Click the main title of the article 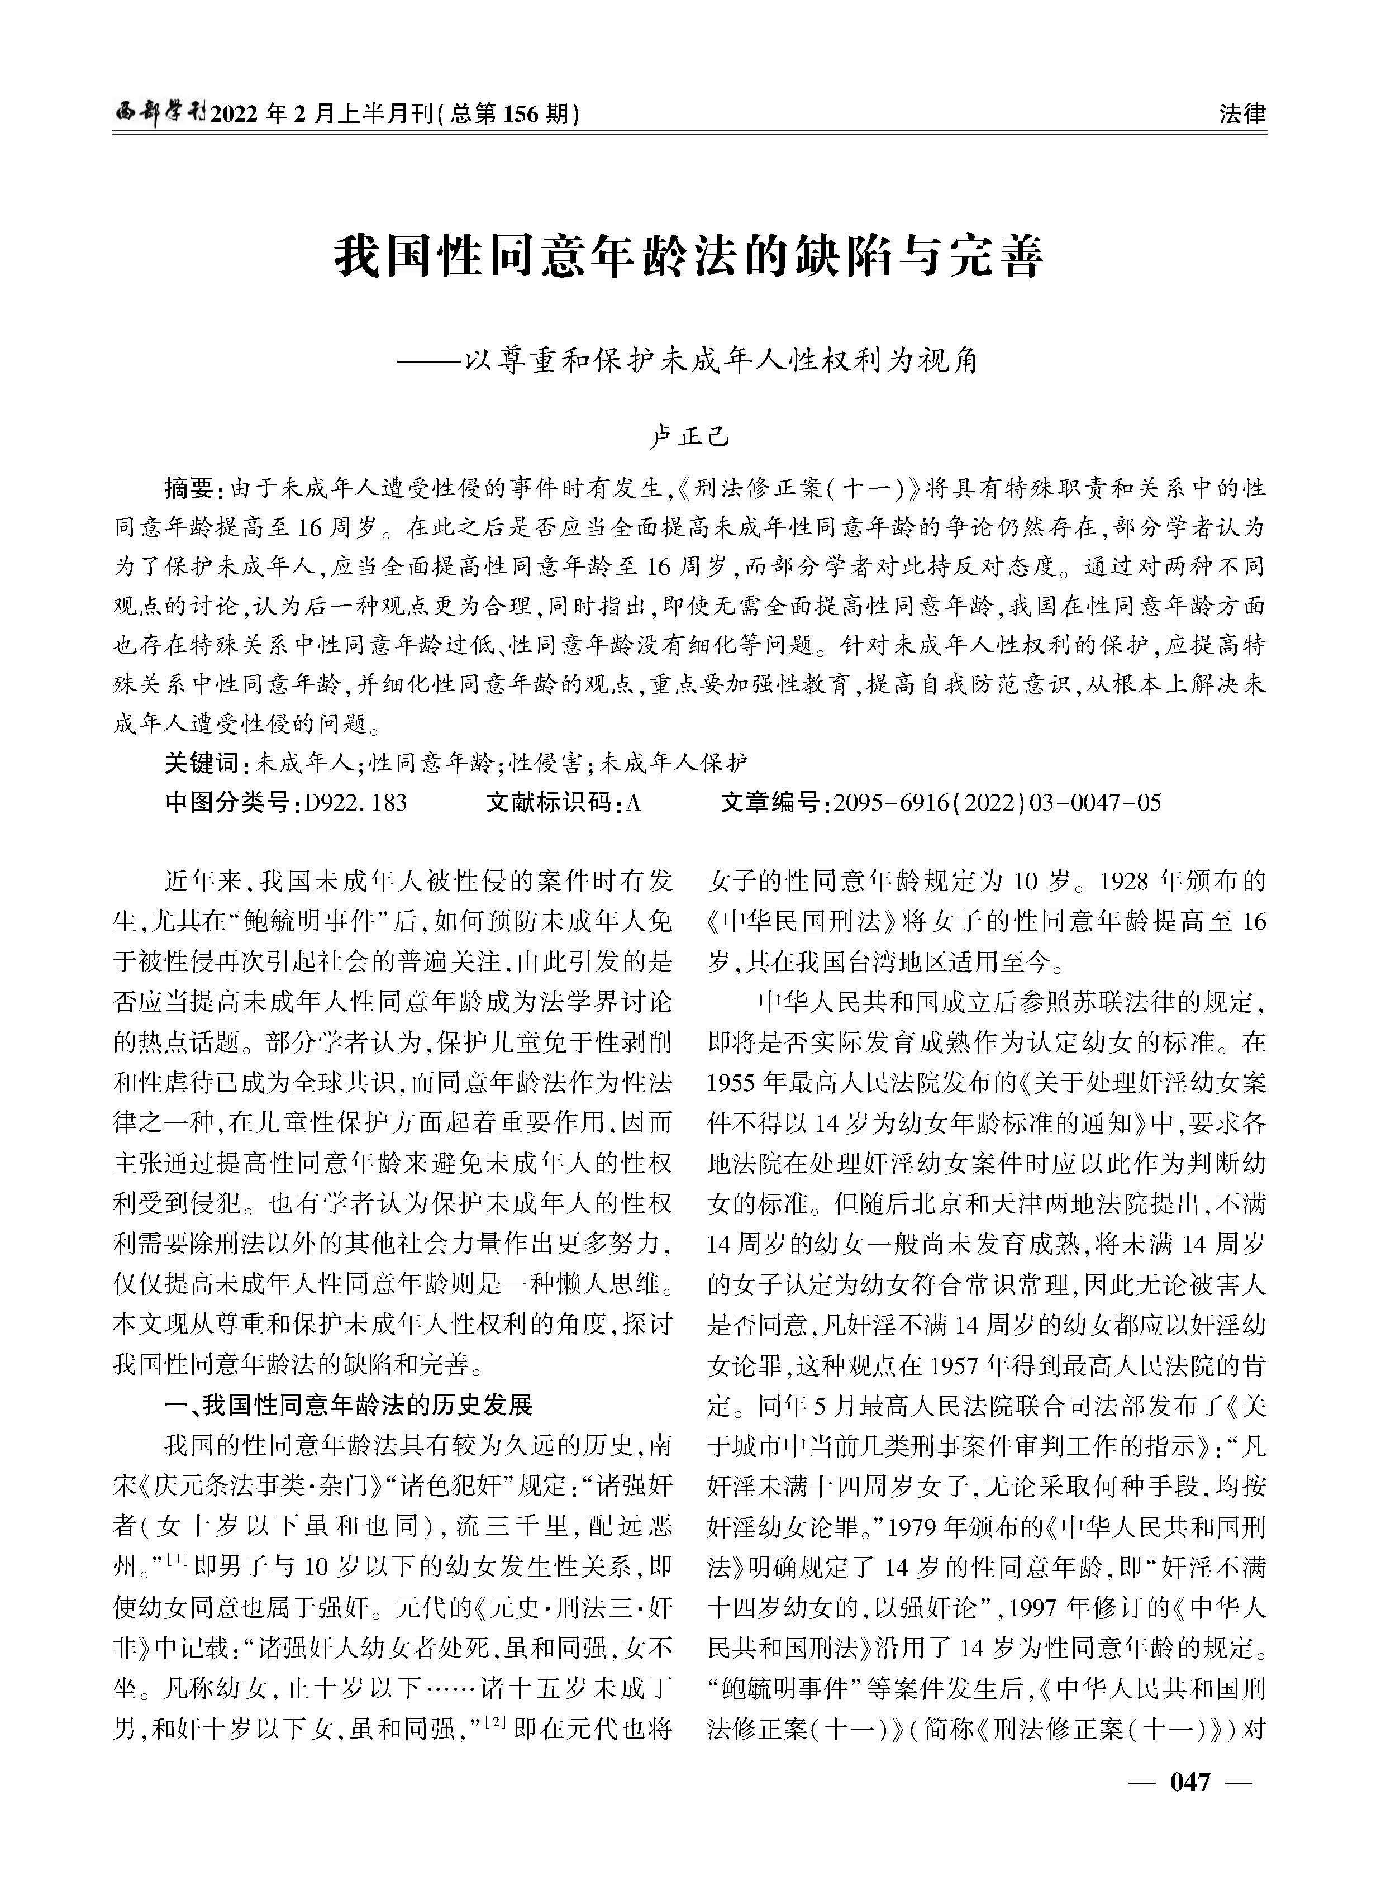click(689, 258)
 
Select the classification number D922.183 click(356, 803)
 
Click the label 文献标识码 click(551, 803)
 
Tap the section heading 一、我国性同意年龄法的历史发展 click(348, 1405)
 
